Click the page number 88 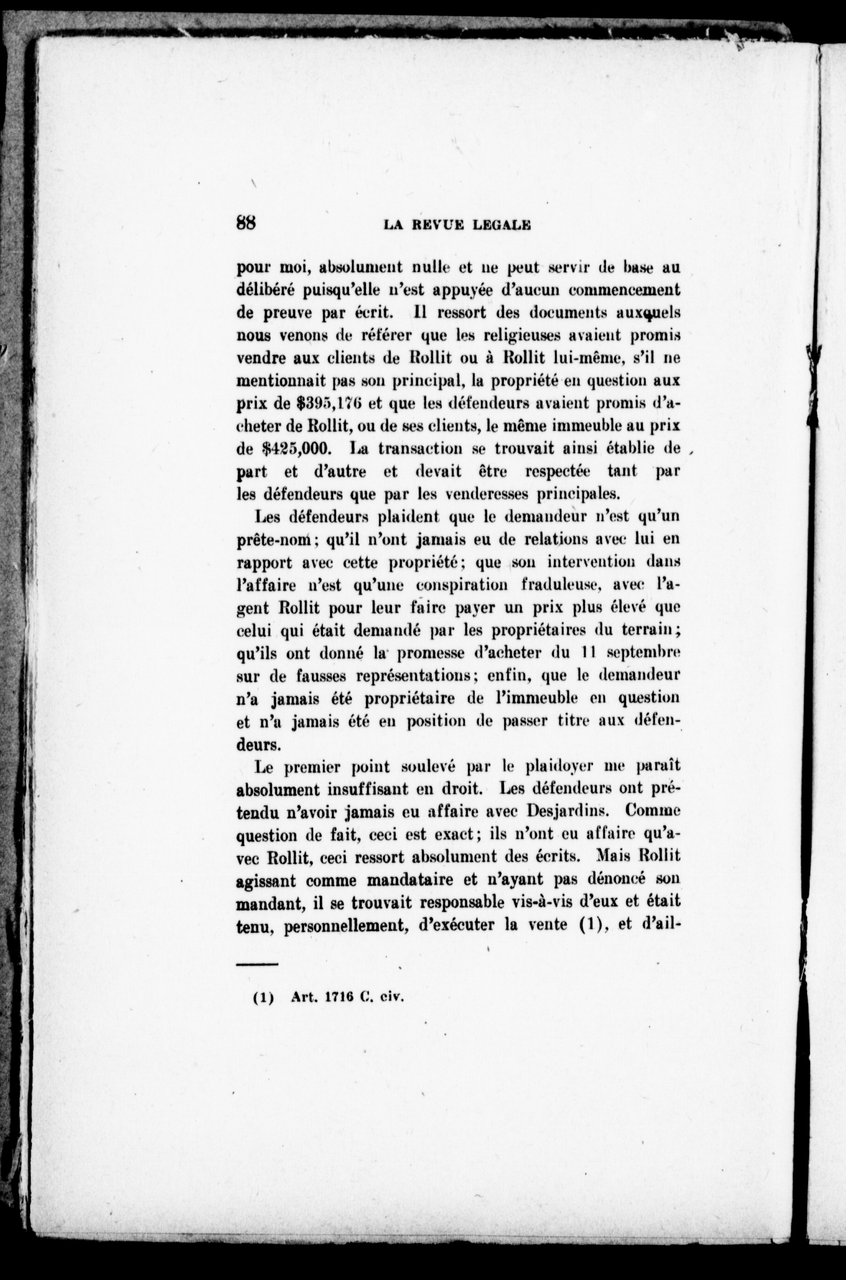245,223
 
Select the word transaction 412,449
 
